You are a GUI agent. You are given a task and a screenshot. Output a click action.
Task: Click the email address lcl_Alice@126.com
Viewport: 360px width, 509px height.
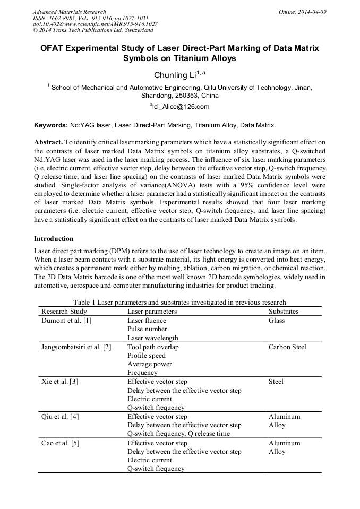click(179, 106)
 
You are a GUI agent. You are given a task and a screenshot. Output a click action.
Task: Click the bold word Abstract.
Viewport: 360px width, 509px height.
click(48, 143)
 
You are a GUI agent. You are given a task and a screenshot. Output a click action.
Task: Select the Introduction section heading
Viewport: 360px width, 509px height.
click(54, 239)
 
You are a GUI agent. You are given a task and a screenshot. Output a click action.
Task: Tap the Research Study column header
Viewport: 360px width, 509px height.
click(64, 312)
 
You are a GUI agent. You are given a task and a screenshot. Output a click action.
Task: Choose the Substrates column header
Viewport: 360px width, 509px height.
click(283, 312)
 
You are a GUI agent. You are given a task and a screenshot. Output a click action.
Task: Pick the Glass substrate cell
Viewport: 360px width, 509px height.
click(277, 321)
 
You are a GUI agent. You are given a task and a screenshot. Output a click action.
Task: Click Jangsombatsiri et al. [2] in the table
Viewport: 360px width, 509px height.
click(76, 347)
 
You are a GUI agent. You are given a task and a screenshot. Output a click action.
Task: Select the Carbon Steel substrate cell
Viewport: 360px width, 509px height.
click(287, 347)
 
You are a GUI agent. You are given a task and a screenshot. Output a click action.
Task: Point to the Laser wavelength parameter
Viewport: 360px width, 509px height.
click(152, 338)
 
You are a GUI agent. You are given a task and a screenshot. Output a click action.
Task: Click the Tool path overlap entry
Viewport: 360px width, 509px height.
click(153, 347)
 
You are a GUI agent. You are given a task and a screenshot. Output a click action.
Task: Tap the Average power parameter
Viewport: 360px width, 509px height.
click(149, 365)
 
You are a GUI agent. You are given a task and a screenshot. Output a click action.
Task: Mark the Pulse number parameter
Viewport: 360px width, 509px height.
click(147, 329)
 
